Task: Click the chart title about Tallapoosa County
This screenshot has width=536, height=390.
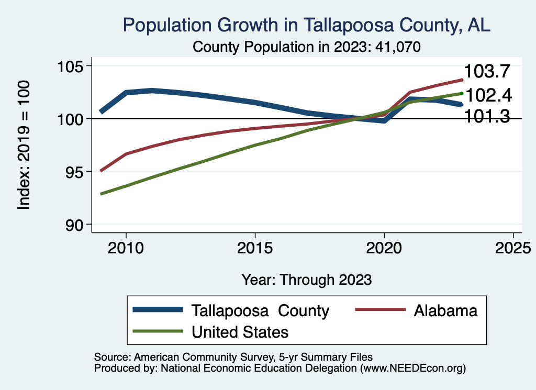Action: [306, 25]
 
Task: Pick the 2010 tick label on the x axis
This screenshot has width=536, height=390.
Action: [126, 248]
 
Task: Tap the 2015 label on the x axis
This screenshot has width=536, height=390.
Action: [255, 248]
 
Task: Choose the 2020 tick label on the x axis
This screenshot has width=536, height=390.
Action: [384, 248]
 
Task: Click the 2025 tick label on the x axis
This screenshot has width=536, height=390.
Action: [513, 248]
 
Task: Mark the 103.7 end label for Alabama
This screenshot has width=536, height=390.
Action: [487, 72]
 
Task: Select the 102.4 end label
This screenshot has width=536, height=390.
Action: [488, 95]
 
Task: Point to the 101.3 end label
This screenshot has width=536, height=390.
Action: [487, 116]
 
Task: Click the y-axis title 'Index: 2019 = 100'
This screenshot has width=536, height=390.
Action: [24, 145]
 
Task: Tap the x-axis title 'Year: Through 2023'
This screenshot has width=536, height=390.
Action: [306, 280]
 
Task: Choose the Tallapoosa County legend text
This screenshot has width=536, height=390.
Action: [260, 310]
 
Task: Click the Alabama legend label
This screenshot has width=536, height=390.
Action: [445, 310]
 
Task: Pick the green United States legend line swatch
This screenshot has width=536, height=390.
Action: [158, 331]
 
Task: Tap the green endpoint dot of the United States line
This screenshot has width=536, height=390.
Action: [462, 93]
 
